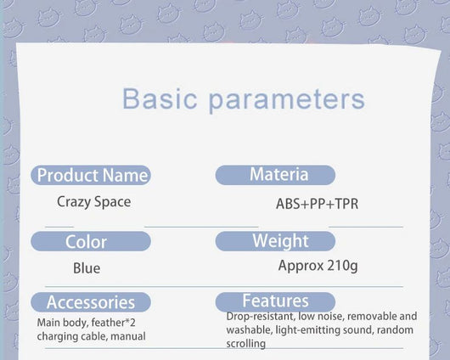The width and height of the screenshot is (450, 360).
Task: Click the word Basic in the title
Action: (160, 98)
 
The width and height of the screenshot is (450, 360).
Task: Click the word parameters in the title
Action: (286, 100)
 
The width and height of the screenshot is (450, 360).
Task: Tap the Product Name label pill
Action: (91, 175)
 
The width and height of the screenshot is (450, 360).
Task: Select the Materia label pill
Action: (275, 175)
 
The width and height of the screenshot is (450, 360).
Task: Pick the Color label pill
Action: (91, 241)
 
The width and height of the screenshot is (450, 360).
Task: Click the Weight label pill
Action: (275, 241)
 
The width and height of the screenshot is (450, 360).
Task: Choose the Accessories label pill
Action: (91, 302)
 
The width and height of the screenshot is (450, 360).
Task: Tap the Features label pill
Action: (275, 301)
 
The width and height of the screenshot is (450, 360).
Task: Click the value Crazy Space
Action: (94, 202)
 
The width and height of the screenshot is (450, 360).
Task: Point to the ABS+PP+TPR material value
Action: (318, 204)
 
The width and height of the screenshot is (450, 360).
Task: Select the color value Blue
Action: (87, 268)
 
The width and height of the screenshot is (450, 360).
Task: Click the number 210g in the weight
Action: (342, 266)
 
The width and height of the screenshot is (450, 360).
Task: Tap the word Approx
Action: (301, 266)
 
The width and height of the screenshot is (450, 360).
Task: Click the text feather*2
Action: (114, 323)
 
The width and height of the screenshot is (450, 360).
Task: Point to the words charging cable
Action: (72, 336)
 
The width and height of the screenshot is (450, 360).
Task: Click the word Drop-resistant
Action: (261, 317)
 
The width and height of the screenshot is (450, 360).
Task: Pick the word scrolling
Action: (245, 344)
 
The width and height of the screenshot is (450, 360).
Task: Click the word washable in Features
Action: (249, 329)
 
